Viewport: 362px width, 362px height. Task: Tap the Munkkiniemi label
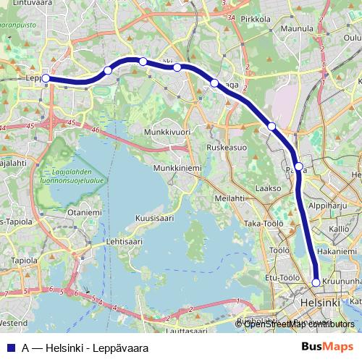click(x=176, y=167)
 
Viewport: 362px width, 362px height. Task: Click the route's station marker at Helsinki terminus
click(x=316, y=282)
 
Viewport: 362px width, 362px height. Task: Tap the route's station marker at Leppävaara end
click(x=46, y=77)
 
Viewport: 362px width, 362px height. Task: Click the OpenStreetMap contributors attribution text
click(x=299, y=324)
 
